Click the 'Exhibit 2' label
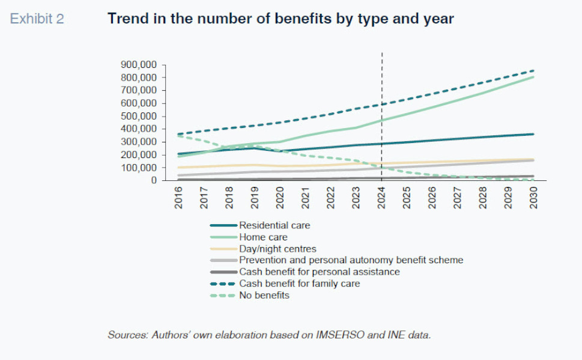point(37,19)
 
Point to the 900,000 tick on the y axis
point(140,64)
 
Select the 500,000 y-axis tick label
point(140,116)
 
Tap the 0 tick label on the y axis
point(154,180)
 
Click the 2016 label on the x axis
point(179,197)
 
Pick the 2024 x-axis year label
point(382,197)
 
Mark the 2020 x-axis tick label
point(280,197)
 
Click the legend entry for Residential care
point(274,226)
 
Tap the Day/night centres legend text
point(277,249)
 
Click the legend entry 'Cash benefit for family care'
point(299,283)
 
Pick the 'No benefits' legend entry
point(264,294)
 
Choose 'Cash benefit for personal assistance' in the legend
point(319,272)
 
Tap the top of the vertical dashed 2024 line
point(382,53)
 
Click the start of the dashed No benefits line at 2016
point(179,135)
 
